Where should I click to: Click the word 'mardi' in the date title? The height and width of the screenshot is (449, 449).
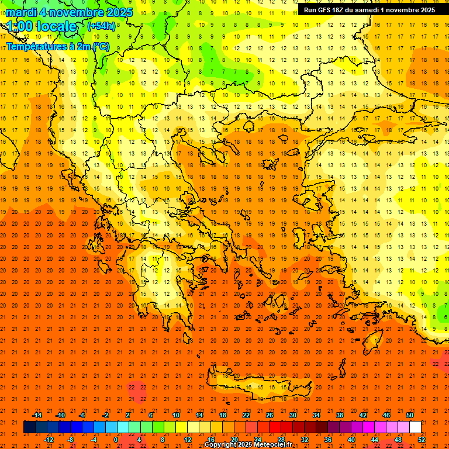(20, 12)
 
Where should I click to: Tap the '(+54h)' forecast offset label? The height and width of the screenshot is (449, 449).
(101, 26)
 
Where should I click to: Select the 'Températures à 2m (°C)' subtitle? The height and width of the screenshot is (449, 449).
(57, 46)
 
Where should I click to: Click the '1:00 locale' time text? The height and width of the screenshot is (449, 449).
(42, 27)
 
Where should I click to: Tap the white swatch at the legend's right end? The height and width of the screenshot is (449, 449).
(415, 427)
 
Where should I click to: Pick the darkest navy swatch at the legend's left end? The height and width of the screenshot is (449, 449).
(29, 427)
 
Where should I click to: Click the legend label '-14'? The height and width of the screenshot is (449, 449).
(37, 415)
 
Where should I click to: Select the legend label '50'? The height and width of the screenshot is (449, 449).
(410, 415)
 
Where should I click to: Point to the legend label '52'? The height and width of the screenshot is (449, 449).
(422, 440)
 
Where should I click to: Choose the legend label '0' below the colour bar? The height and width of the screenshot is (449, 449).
(115, 440)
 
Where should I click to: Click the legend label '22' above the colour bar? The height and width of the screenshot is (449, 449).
(246, 415)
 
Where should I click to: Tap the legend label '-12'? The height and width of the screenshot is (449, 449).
(49, 440)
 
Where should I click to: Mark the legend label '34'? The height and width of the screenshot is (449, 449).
(316, 415)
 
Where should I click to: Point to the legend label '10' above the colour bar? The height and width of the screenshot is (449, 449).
(176, 415)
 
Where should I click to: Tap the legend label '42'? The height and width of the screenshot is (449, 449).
(363, 415)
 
